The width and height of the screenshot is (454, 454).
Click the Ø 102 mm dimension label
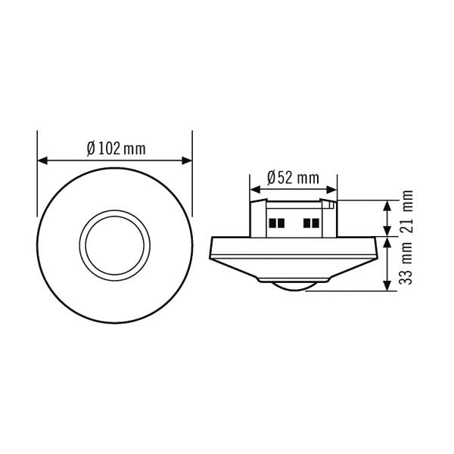coord(116,148)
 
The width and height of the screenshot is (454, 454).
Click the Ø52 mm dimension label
coord(293,178)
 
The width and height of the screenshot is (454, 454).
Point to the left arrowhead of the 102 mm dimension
coord(42,160)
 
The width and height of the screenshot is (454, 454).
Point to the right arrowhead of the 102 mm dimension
coord(187,160)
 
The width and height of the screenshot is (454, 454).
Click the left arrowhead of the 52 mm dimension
coord(255,190)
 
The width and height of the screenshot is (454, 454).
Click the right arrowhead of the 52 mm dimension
coord(332,190)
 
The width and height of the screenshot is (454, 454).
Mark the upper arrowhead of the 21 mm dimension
coord(387,205)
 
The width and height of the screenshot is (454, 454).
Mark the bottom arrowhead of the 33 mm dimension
coord(387,286)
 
